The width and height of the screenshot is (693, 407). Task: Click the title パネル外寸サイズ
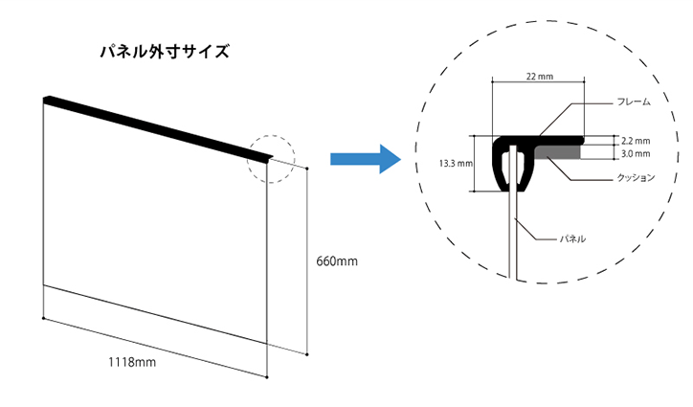[x=165, y=52]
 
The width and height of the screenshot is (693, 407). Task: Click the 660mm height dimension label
[x=337, y=261]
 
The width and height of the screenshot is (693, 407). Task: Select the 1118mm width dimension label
[x=132, y=362]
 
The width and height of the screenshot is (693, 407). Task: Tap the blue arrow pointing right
[x=366, y=159]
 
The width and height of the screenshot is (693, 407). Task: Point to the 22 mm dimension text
[x=539, y=77]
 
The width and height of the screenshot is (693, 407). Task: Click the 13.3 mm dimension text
[x=456, y=163]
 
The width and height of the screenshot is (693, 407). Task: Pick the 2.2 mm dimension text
[x=636, y=141]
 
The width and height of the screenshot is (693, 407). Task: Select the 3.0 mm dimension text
[x=636, y=154]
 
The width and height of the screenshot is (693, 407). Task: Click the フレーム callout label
[x=634, y=102]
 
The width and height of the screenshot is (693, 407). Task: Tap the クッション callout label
[x=636, y=178]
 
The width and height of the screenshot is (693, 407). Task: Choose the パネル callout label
[x=572, y=238]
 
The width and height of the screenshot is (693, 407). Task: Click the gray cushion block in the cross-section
[x=557, y=152]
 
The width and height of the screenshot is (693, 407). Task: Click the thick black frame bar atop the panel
[x=158, y=128]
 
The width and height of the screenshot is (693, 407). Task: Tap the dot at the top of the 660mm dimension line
[x=307, y=169]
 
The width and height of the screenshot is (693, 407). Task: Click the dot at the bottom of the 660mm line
[x=307, y=354]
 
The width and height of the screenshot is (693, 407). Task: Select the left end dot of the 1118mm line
[x=43, y=318]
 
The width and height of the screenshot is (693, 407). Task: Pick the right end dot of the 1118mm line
[x=267, y=377]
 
